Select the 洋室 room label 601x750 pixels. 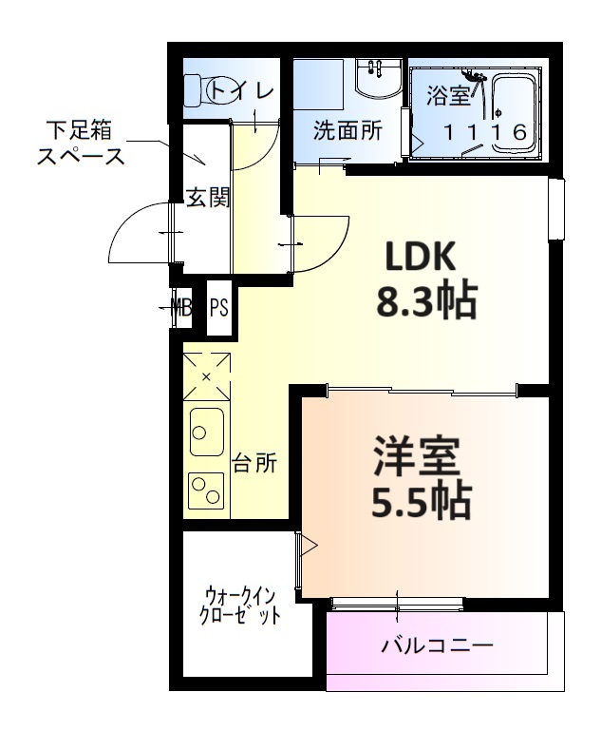(x=416, y=456)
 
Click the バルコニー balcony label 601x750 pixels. (x=437, y=647)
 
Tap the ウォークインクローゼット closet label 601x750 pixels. (x=240, y=605)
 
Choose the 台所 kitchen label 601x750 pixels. (x=255, y=464)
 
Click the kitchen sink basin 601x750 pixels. (x=206, y=433)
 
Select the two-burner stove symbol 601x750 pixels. (x=206, y=491)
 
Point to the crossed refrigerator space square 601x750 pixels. (x=206, y=376)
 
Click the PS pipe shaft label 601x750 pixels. (x=218, y=307)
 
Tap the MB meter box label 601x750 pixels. (x=178, y=306)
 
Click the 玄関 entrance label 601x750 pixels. (x=206, y=198)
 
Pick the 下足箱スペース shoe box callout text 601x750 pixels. (x=81, y=143)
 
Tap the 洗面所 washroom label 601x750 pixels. (x=347, y=131)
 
